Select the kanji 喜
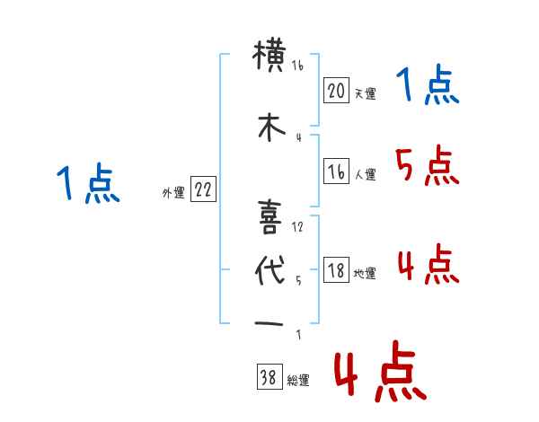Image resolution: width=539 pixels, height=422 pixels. (270, 216)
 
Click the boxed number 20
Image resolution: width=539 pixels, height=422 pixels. (336, 91)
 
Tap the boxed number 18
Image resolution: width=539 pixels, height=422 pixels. (336, 271)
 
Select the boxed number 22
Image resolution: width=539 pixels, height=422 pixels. (203, 189)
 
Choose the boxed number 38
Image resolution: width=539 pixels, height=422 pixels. (268, 378)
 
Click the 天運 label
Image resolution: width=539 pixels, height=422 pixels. (365, 93)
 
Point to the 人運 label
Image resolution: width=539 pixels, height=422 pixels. (365, 175)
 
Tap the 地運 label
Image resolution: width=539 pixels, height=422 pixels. (365, 274)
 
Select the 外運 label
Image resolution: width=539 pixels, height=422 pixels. (173, 192)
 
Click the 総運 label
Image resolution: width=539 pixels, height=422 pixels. (298, 381)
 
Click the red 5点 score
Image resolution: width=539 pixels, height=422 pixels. (426, 165)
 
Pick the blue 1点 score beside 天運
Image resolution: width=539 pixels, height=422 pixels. (427, 87)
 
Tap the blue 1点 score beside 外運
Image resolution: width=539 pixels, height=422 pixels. (87, 185)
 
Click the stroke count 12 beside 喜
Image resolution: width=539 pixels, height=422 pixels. (298, 227)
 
